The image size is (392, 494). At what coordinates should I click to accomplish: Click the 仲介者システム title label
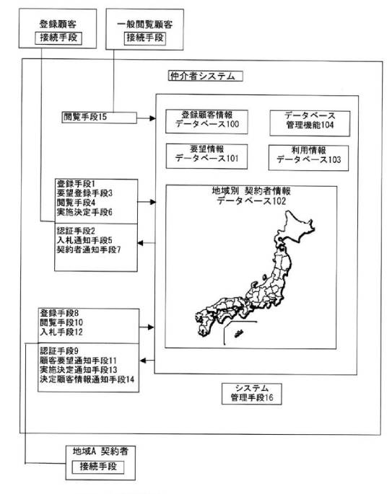coord(205,76)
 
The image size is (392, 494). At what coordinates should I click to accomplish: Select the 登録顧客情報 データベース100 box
coord(206,122)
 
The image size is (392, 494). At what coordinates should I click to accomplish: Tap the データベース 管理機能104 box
coord(310,123)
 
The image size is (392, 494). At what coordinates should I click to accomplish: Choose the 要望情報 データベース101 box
coord(206,156)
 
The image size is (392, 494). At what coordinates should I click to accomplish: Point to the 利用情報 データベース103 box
coord(308,157)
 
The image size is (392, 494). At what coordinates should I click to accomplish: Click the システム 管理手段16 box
coord(252,394)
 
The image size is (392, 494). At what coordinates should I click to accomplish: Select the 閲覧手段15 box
coord(100,118)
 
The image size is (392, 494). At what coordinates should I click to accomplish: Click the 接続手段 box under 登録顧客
coord(58,38)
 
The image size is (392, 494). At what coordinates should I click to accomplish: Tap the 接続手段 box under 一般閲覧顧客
coord(145,38)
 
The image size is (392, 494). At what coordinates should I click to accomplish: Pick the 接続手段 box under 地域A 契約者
coord(97,467)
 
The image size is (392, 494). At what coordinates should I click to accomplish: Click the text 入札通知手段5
coord(84,240)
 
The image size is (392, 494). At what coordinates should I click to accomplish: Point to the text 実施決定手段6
coord(84,212)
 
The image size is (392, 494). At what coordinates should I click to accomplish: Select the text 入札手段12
coord(61,332)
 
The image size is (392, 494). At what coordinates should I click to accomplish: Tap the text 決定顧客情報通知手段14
coord(87,379)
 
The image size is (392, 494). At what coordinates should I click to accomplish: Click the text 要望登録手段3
coord(84,193)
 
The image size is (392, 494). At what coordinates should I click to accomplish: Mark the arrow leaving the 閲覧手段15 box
coord(147,118)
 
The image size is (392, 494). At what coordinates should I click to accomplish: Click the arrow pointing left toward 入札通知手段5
coord(147,243)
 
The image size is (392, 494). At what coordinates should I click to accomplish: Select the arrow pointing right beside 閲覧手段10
coord(147,327)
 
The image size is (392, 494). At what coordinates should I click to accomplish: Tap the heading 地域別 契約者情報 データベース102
coord(251,195)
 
